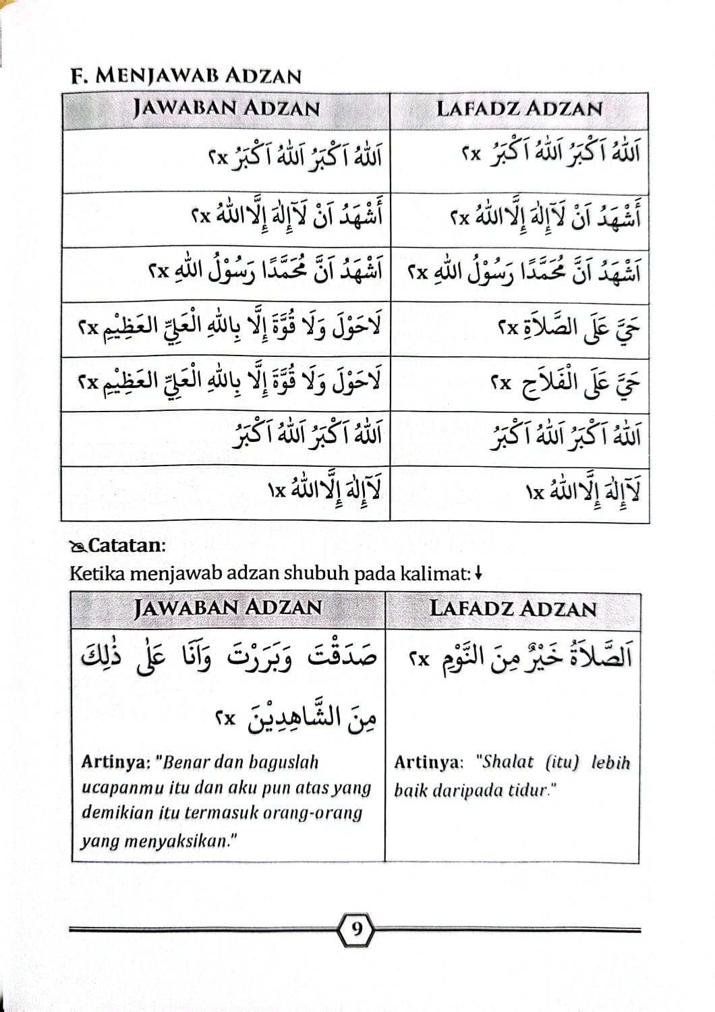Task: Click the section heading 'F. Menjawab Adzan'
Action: [x=185, y=75]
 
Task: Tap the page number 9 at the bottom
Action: [x=357, y=930]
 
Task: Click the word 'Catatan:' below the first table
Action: [x=127, y=545]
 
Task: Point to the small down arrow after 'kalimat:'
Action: [x=478, y=574]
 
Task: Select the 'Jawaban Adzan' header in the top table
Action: [x=226, y=108]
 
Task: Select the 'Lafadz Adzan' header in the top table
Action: [x=519, y=109]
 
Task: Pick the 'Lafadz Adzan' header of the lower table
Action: [x=513, y=608]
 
